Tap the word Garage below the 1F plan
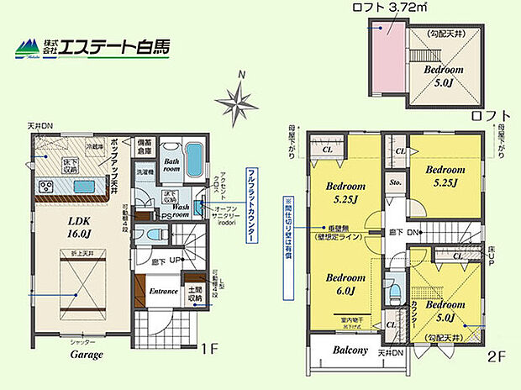(87, 355)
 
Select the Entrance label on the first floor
(163, 292)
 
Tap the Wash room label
(181, 209)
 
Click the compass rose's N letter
(242, 74)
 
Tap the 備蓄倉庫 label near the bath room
(145, 148)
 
